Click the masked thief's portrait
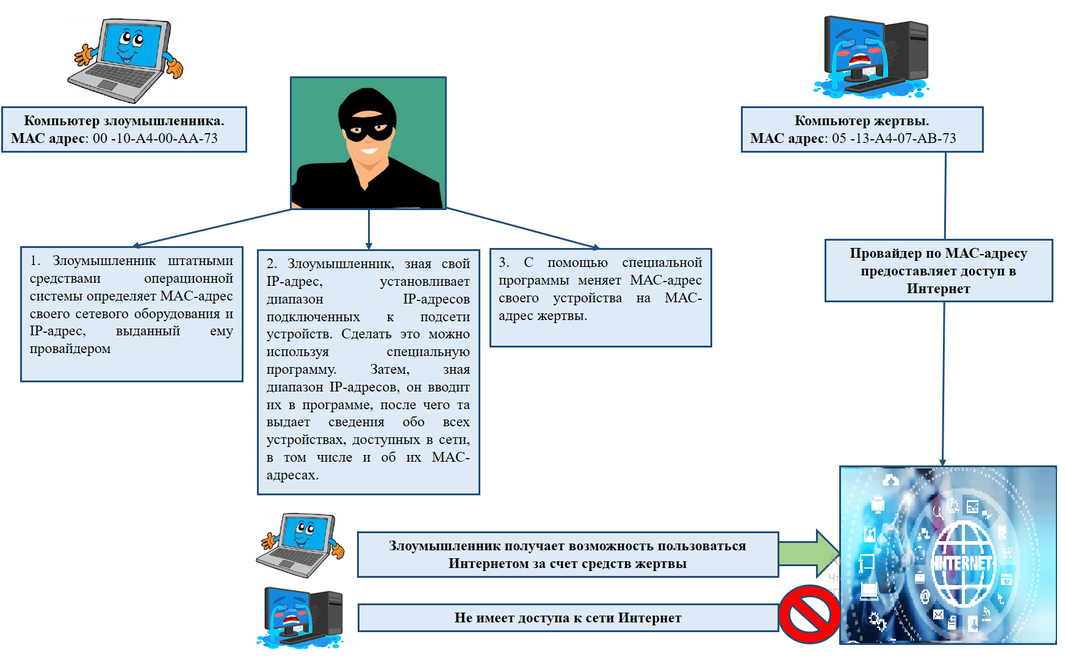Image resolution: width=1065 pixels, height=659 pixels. (368, 143)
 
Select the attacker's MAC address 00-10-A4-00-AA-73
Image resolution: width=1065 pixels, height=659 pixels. (155, 139)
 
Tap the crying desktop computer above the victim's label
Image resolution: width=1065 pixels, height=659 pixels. (873, 57)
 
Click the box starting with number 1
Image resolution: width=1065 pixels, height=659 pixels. (132, 314)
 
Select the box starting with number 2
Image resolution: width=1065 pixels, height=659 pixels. (368, 371)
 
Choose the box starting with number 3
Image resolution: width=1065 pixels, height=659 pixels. (601, 297)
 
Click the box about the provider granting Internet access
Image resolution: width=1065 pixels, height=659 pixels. (938, 271)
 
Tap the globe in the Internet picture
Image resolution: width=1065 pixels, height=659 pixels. (964, 564)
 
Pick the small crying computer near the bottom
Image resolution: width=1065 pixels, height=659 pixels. (301, 617)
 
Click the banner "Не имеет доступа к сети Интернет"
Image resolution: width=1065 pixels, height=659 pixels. (568, 618)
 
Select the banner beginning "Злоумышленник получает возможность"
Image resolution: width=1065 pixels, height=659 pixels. (568, 555)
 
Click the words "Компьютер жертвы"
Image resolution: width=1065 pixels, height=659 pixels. (861, 121)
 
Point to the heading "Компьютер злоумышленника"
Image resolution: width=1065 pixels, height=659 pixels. (124, 121)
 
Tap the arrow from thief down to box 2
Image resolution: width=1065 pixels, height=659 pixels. (369, 229)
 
